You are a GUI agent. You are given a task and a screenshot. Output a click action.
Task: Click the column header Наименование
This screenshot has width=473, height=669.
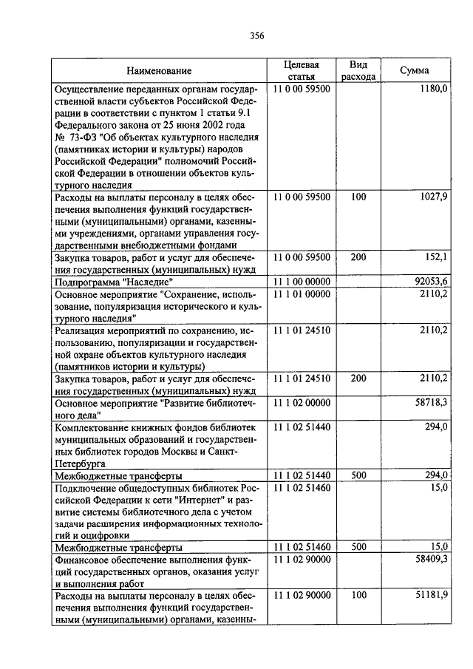click(x=159, y=70)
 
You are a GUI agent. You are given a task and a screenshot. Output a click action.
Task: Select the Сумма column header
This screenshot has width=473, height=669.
click(x=414, y=70)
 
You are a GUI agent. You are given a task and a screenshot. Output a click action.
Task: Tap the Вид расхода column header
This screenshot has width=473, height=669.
click(x=358, y=70)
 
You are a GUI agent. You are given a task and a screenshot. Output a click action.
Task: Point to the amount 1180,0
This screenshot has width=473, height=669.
click(x=433, y=89)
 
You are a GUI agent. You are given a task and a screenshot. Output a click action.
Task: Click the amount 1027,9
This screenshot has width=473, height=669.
click(x=432, y=197)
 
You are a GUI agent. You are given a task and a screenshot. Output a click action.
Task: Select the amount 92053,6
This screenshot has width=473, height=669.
click(x=430, y=282)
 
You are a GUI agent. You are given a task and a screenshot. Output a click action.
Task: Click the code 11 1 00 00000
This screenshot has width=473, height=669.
click(x=302, y=282)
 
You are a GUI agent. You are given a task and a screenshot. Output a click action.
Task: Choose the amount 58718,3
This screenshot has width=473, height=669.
click(x=430, y=401)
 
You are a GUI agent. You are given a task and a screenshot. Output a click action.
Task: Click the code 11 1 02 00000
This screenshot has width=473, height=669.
click(x=302, y=401)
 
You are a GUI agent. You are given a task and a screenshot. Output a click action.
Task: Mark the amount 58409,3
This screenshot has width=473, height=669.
click(x=430, y=561)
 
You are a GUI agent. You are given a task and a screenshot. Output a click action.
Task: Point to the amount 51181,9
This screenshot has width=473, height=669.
click(x=430, y=596)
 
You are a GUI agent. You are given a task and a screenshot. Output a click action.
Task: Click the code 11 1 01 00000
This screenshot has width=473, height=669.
click(x=302, y=293)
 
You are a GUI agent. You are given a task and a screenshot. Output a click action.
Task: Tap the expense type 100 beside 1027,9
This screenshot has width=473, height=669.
click(x=358, y=197)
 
